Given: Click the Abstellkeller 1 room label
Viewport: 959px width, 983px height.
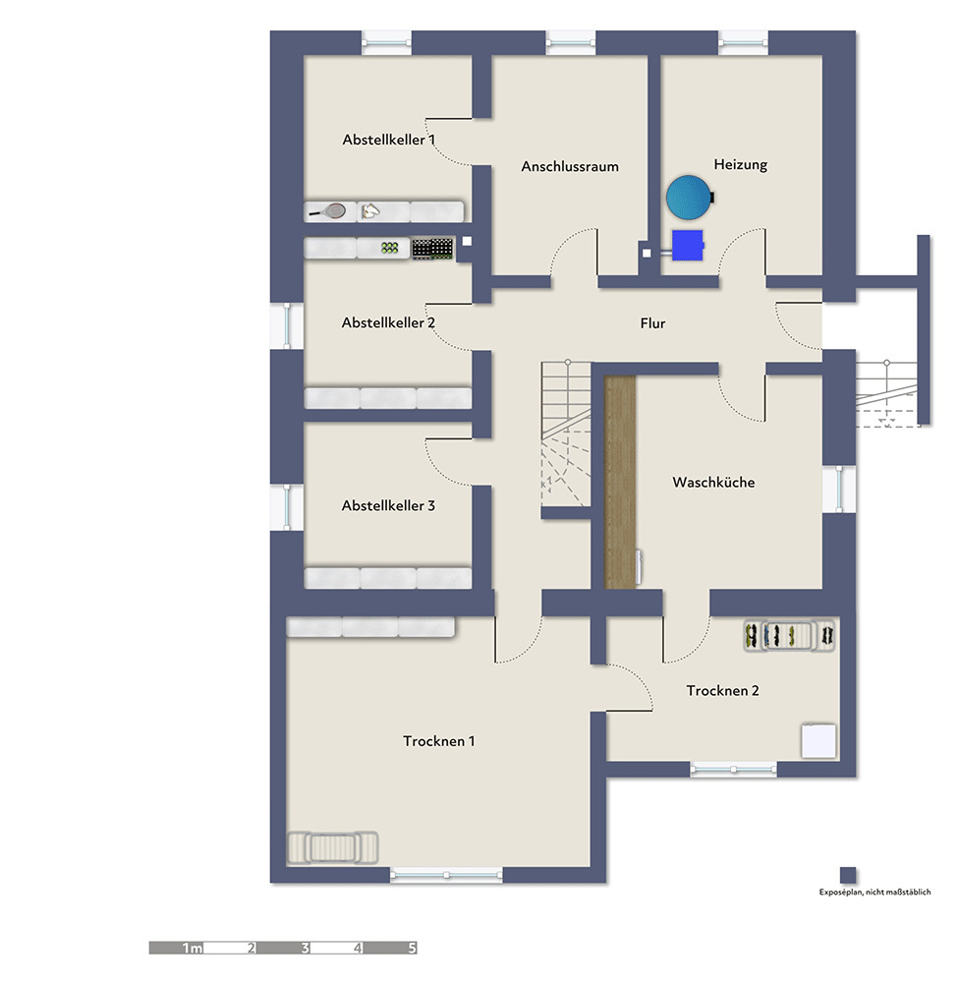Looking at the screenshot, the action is pyautogui.click(x=388, y=140).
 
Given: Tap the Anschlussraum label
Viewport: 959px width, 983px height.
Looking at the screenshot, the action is pyautogui.click(x=570, y=167).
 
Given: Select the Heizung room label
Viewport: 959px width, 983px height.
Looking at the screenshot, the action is pyautogui.click(x=740, y=165).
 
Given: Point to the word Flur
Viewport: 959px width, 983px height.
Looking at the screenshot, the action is pyautogui.click(x=652, y=323).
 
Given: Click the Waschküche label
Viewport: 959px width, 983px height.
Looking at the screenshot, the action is pyautogui.click(x=713, y=482).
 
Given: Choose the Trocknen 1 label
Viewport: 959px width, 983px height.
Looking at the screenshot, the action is pyautogui.click(x=439, y=741).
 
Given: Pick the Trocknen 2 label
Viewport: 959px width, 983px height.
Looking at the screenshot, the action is pyautogui.click(x=723, y=690).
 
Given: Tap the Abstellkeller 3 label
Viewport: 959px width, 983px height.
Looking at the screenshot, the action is pyautogui.click(x=388, y=505).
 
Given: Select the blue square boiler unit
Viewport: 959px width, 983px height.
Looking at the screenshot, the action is pyautogui.click(x=688, y=245).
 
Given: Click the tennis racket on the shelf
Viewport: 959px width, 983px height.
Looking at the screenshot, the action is pyautogui.click(x=328, y=212).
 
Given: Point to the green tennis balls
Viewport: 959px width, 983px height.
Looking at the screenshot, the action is pyautogui.click(x=390, y=249).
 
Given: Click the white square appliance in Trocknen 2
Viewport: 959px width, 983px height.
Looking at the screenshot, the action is pyautogui.click(x=819, y=741).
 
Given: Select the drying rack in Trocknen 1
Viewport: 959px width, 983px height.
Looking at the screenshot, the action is pyautogui.click(x=333, y=847).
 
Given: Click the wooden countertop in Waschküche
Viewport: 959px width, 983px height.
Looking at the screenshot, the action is pyautogui.click(x=619, y=482).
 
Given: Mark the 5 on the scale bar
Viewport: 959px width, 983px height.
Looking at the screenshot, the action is pyautogui.click(x=412, y=948).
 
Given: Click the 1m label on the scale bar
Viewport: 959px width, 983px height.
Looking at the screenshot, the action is pyautogui.click(x=193, y=948).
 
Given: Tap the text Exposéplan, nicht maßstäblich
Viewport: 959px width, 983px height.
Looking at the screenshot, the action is pyautogui.click(x=875, y=893).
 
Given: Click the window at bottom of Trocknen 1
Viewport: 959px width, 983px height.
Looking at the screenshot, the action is pyautogui.click(x=446, y=874).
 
